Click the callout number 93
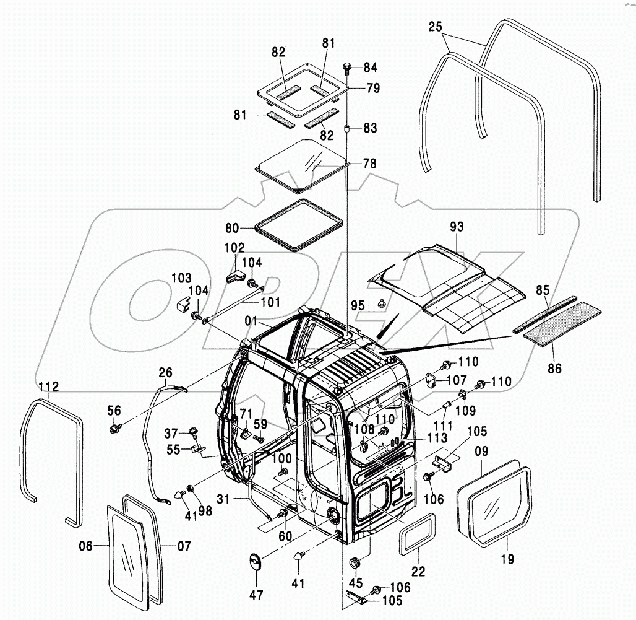457,227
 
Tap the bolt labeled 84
347,66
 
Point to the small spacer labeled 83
348,129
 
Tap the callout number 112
49,387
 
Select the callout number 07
184,546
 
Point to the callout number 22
419,572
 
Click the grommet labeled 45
356,563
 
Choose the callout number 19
507,561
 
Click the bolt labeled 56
114,427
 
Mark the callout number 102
234,247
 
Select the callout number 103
182,278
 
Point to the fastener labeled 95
382,303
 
